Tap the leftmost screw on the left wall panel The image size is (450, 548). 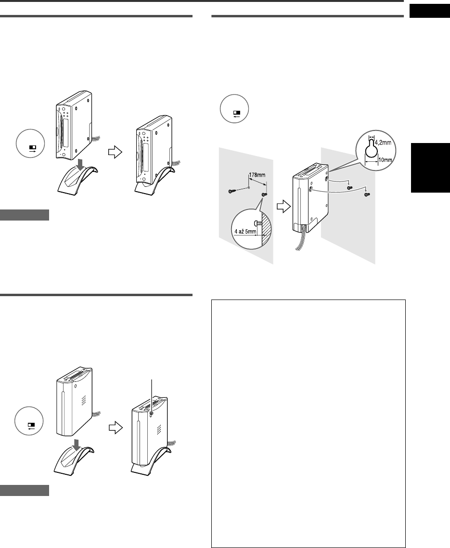click(x=232, y=192)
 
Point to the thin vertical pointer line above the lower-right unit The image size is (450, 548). click(x=152, y=395)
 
